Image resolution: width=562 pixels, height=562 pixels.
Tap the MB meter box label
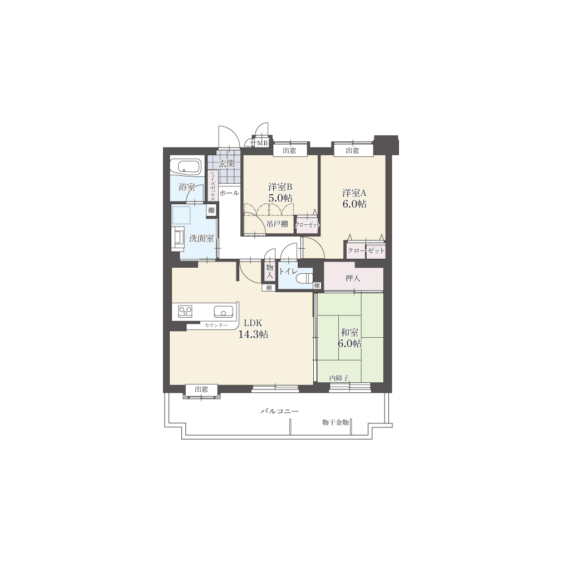click(x=263, y=143)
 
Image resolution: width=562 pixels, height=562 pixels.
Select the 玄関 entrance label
click(x=226, y=164)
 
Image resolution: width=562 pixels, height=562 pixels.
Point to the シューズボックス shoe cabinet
click(x=213, y=185)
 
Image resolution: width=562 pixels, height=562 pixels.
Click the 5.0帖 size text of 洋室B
click(x=280, y=198)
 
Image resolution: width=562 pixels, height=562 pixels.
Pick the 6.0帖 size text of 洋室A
click(x=354, y=204)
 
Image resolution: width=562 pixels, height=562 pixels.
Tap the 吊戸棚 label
click(x=277, y=224)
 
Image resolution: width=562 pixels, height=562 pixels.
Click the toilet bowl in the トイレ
click(x=305, y=278)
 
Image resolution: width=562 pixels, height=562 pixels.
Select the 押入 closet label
click(x=353, y=278)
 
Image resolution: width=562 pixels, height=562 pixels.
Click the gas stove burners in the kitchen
click(x=185, y=310)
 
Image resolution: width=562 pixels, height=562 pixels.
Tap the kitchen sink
click(x=223, y=312)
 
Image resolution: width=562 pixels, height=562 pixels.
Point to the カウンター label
click(x=216, y=326)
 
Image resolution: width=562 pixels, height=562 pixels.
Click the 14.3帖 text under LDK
click(x=253, y=334)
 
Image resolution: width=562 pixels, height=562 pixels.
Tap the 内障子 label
click(x=339, y=378)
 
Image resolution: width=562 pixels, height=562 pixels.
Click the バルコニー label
click(x=279, y=411)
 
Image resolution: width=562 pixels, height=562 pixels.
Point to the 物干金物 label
click(x=335, y=422)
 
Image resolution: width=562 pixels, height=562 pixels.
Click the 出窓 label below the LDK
click(x=201, y=390)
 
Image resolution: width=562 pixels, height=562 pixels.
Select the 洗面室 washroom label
click(x=201, y=238)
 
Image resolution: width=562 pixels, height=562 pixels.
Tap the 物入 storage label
click(x=270, y=272)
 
